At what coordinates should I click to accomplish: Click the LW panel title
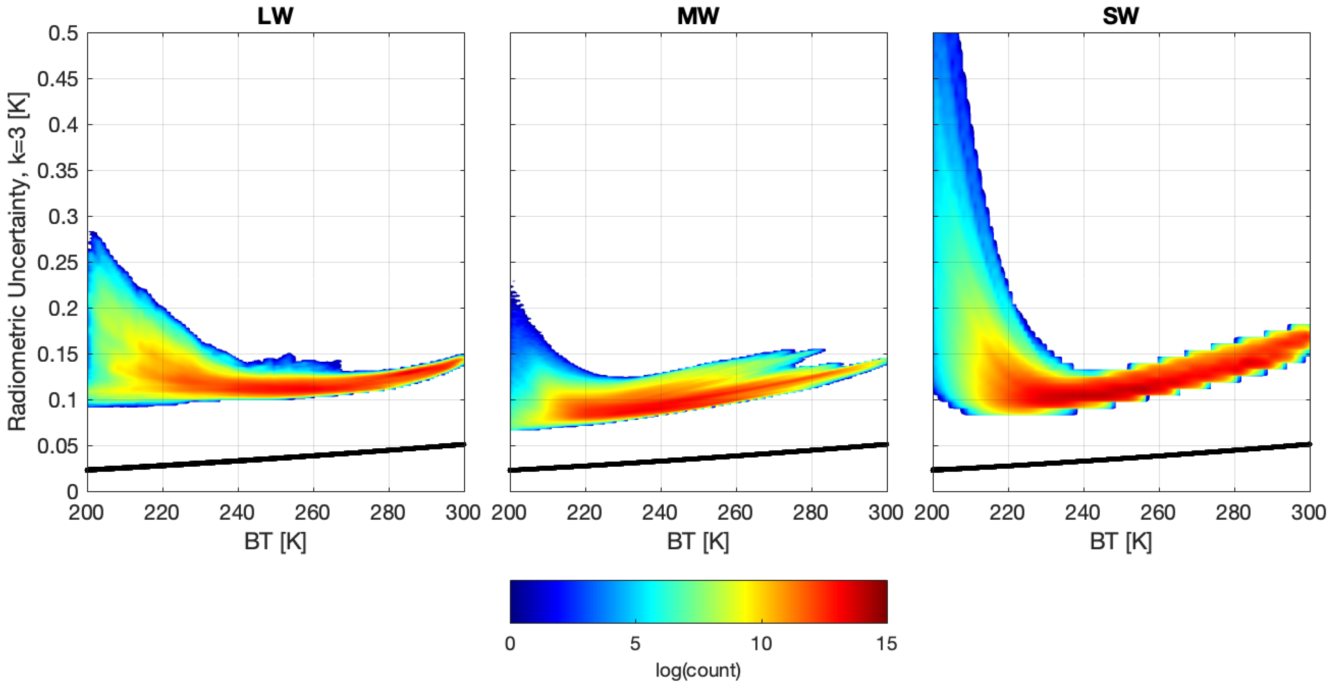click(x=275, y=16)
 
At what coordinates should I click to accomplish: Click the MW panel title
click(x=698, y=16)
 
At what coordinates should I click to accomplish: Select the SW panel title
click(x=1120, y=16)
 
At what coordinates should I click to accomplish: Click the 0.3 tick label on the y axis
click(x=63, y=217)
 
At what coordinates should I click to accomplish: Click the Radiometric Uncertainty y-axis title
click(x=18, y=261)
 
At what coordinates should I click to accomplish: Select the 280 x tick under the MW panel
click(x=811, y=513)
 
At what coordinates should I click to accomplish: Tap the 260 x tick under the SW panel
click(x=1158, y=513)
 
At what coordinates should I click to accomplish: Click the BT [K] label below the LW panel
click(x=275, y=542)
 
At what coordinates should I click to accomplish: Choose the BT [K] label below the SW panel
click(x=1120, y=542)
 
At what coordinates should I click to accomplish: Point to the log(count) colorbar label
click(x=698, y=670)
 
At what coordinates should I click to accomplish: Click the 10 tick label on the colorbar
click(x=761, y=644)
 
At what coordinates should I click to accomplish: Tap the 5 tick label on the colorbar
click(x=635, y=644)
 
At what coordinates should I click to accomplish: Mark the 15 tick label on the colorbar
click(x=886, y=644)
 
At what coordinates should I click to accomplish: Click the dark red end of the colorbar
click(x=882, y=602)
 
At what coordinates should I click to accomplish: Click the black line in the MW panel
click(x=698, y=457)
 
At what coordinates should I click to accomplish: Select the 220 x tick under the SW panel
click(x=1008, y=513)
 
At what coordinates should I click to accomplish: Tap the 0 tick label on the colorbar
click(x=510, y=644)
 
